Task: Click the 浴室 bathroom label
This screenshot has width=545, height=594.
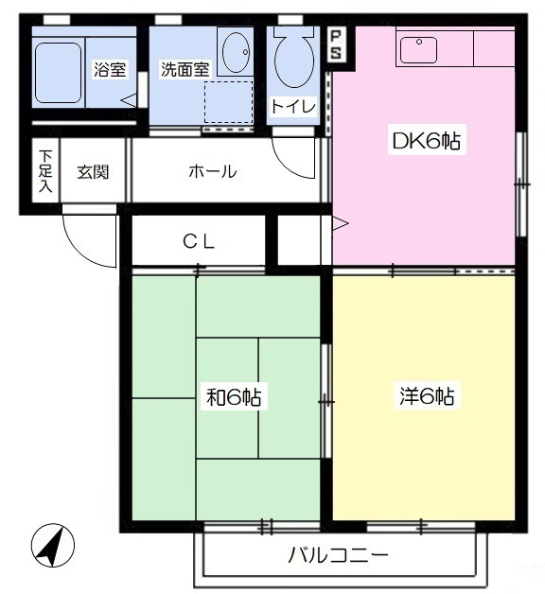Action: coord(110,69)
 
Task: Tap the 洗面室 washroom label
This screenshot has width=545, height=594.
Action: coord(185,69)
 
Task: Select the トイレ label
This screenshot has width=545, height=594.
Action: coord(293,107)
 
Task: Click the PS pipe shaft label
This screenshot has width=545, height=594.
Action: coord(336,44)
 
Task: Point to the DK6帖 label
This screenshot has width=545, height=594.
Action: coord(427,141)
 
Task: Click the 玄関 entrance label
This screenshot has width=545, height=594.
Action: coord(93,172)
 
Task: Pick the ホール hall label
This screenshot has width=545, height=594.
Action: coord(213,171)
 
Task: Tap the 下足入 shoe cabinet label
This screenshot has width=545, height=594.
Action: coord(45,171)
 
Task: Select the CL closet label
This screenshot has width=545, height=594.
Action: coord(199,241)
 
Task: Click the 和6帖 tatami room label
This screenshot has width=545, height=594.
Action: coord(234,396)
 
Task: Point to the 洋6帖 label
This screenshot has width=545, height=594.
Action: coord(427,396)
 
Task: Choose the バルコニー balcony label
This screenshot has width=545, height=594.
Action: coord(338,555)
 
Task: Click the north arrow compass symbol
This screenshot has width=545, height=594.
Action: coord(53,546)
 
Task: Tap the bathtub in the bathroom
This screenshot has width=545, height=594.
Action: coord(58,73)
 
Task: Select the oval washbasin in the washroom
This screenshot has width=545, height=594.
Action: coord(236,52)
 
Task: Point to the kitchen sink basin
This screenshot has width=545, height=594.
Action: coord(418,49)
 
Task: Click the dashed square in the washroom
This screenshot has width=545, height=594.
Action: coord(229,102)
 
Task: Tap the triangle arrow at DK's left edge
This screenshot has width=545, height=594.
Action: coord(340,224)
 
